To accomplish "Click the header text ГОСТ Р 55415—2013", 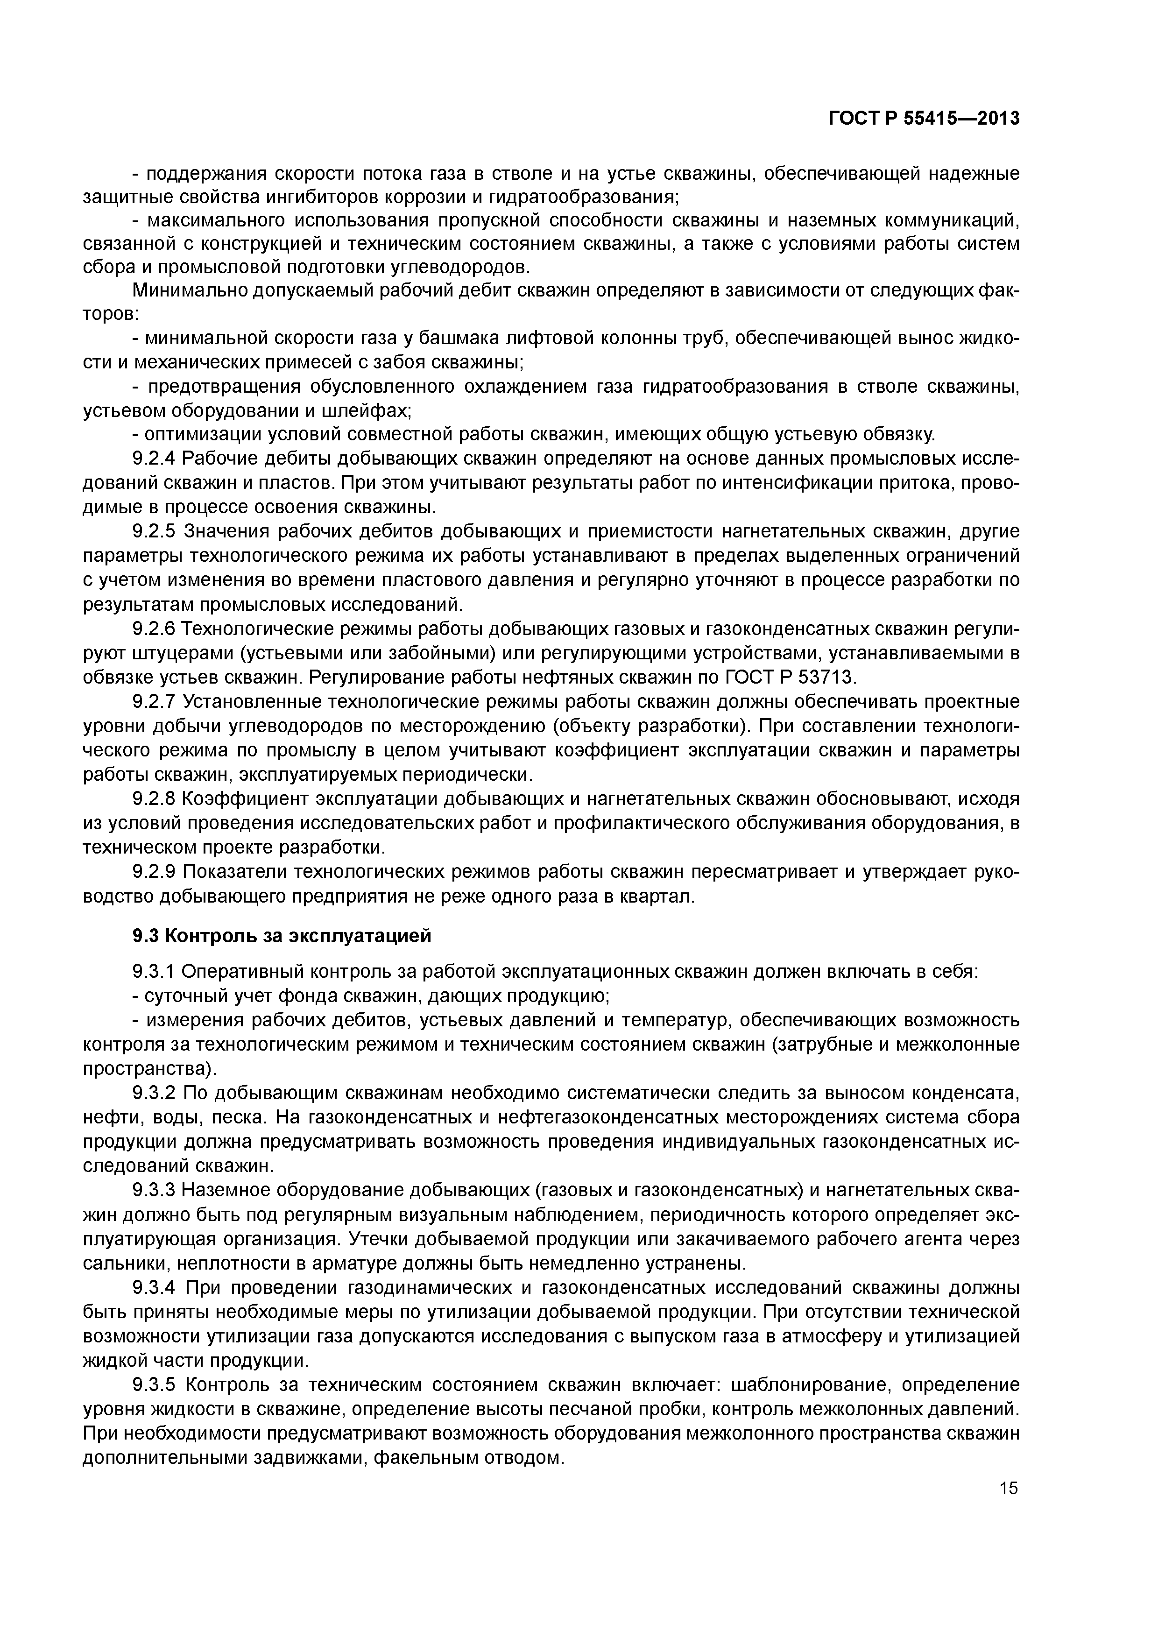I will point(923,119).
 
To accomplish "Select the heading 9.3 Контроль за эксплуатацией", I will point(282,935).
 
